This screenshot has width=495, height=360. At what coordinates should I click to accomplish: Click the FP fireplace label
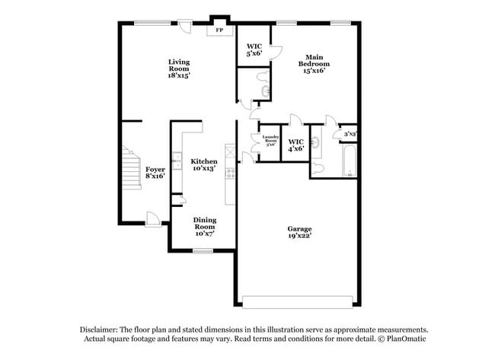(221, 30)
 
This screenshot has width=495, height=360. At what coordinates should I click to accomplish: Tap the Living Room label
(179, 68)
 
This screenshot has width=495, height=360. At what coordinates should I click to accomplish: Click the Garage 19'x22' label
(299, 231)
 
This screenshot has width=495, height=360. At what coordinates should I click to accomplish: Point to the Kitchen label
(203, 164)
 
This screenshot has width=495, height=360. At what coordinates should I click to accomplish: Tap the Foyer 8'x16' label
(155, 172)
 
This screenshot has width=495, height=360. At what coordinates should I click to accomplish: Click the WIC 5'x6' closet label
(254, 49)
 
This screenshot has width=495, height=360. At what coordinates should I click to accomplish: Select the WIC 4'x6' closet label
(295, 145)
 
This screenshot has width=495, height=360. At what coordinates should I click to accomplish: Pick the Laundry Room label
(270, 142)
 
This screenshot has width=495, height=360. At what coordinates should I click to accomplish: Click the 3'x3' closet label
(350, 134)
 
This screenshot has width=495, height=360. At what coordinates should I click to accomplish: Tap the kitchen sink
(176, 161)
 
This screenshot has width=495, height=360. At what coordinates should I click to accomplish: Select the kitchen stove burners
(229, 177)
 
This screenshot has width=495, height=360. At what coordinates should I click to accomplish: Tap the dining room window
(202, 250)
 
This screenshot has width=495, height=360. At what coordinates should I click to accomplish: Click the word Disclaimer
(101, 329)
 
